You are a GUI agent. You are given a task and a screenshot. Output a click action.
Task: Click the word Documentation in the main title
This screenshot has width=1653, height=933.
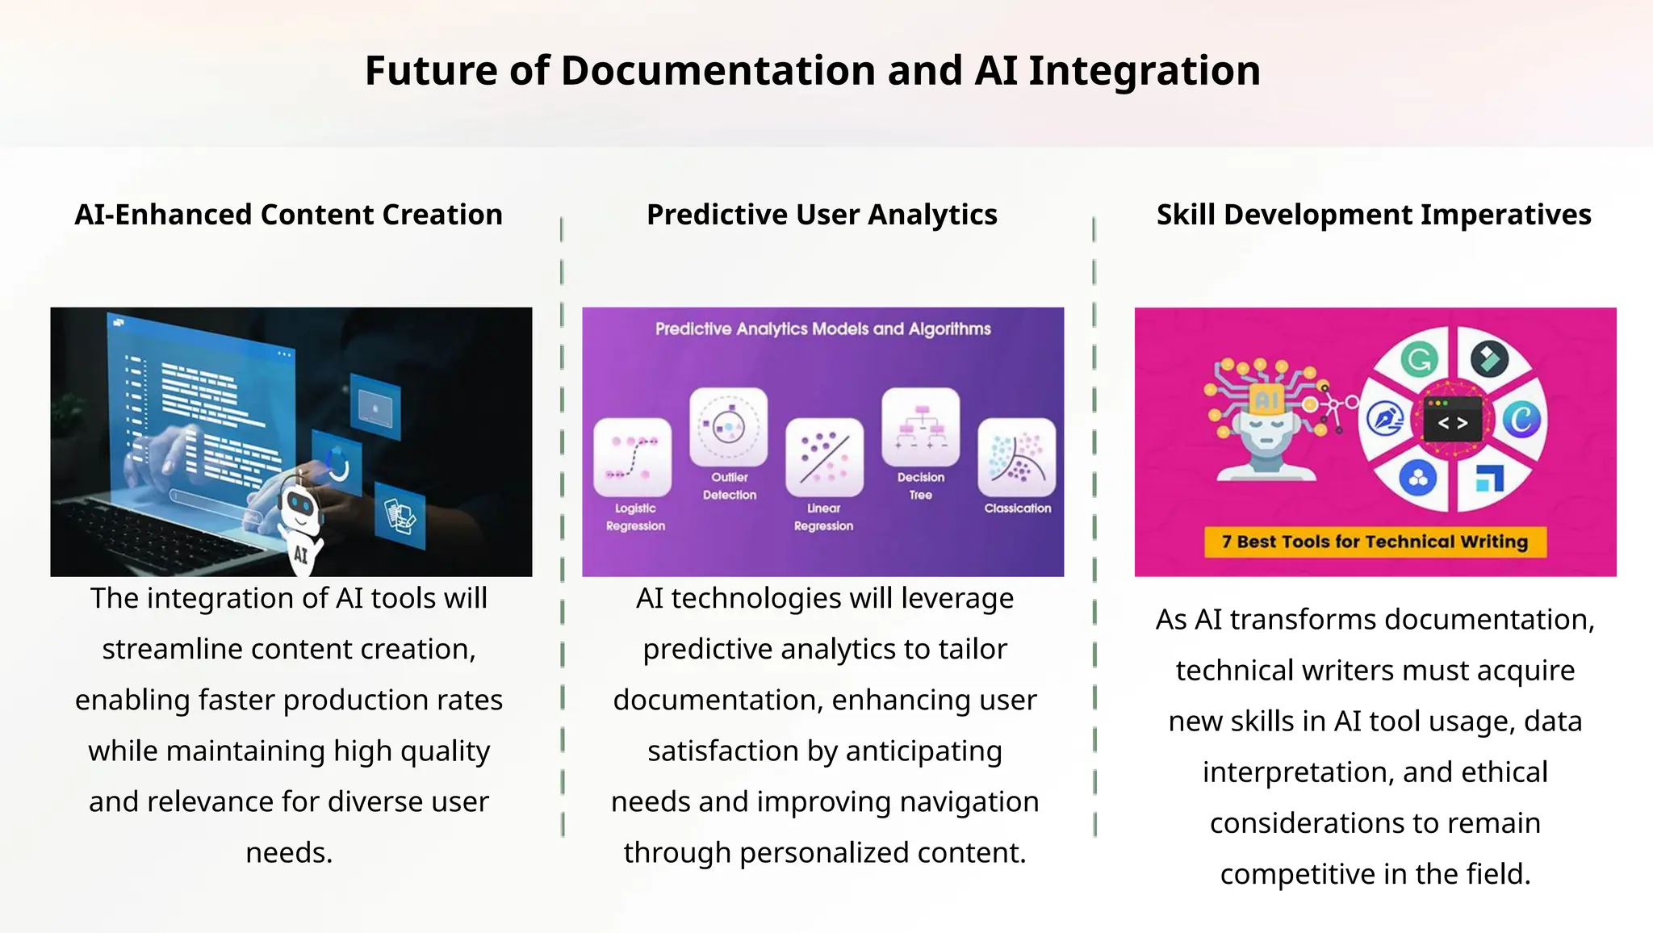(x=718, y=71)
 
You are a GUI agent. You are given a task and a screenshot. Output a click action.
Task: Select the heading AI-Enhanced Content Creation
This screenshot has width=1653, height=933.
(x=289, y=215)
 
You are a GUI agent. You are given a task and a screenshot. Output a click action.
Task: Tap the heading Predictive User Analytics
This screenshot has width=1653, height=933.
(x=822, y=215)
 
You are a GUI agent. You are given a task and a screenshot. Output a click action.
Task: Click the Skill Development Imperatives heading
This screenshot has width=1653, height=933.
(x=1374, y=215)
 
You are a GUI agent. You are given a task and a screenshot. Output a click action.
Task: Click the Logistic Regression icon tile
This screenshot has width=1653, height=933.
(x=633, y=457)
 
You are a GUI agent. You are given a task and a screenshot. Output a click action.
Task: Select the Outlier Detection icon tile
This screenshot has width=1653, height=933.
(x=729, y=426)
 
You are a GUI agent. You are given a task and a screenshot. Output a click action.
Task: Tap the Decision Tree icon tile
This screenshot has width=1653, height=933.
(x=921, y=426)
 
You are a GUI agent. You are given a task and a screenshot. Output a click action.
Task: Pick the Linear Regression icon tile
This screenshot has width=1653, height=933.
(x=824, y=457)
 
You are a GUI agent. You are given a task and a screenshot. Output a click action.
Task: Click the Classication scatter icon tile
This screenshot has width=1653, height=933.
(x=1017, y=457)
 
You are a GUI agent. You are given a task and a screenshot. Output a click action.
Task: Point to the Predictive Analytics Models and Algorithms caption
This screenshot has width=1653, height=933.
(x=822, y=329)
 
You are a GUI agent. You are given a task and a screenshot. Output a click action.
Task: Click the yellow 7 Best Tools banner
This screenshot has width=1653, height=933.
(x=1375, y=542)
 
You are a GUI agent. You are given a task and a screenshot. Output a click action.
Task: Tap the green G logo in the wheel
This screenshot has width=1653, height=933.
(x=1419, y=359)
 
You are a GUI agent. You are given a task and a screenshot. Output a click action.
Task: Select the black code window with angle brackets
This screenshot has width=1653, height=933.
(x=1453, y=420)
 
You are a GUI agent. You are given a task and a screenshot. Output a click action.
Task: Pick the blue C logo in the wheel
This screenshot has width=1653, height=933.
(x=1521, y=420)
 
